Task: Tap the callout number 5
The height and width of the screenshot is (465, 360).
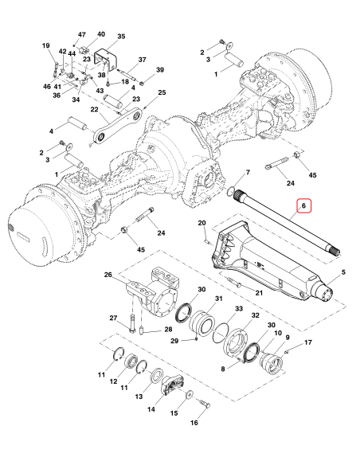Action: [x=342, y=274]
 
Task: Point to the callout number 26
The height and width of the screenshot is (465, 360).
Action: [x=108, y=275]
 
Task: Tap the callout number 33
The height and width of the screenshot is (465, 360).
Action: [x=238, y=308]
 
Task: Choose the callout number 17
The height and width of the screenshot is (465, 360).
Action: [x=307, y=342]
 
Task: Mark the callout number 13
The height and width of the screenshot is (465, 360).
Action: [x=139, y=396]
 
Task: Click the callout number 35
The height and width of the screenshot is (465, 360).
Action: [x=121, y=37]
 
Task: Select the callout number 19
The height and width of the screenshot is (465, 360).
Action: [x=46, y=46]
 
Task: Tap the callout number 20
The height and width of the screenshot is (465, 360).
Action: [x=202, y=222]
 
